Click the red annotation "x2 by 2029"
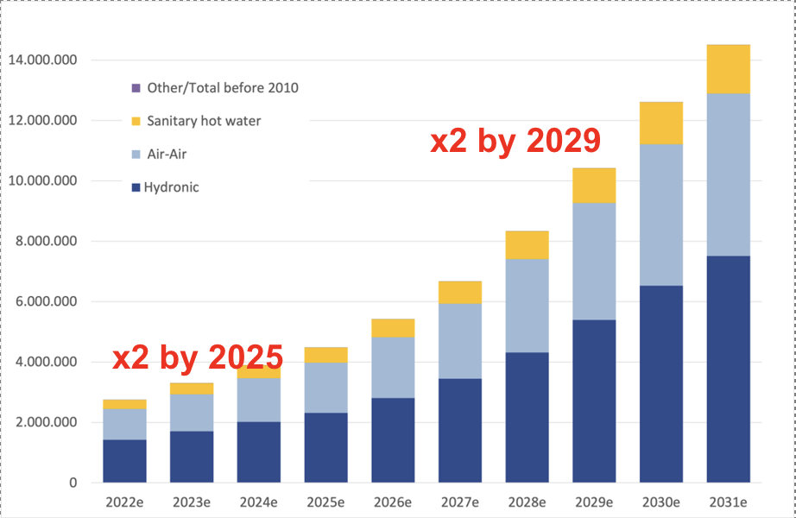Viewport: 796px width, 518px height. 515,141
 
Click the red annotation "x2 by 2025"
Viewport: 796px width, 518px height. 198,356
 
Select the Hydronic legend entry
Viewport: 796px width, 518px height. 163,186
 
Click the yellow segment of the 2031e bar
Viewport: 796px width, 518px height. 728,69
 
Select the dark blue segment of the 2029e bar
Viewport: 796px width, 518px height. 594,401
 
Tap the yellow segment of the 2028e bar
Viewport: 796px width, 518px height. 527,244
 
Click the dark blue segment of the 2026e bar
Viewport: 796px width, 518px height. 393,439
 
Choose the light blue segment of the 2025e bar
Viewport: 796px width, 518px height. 325,387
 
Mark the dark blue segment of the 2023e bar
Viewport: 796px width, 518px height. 192,456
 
